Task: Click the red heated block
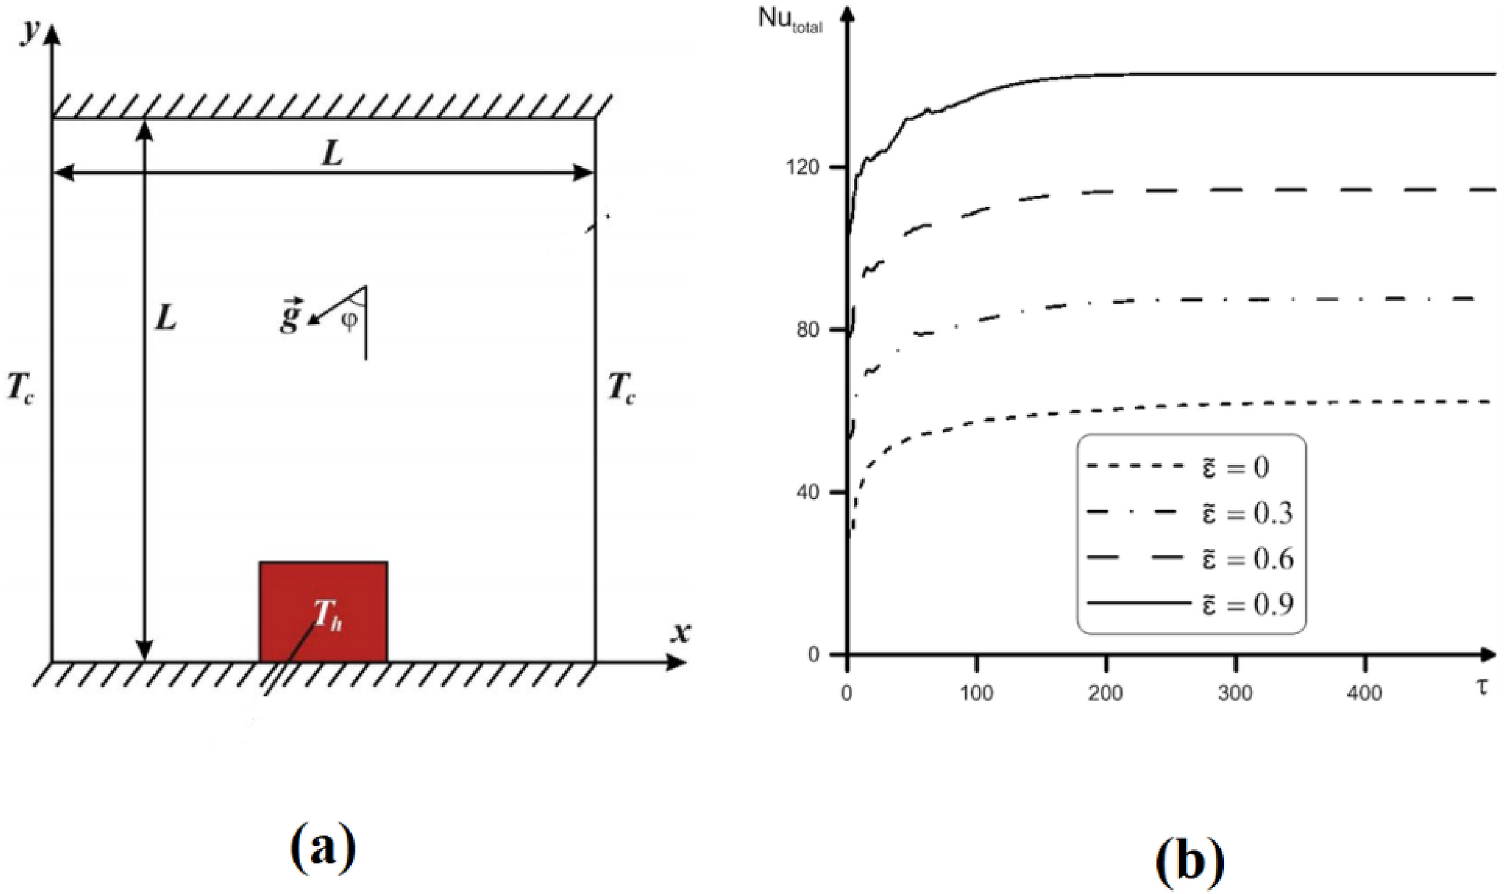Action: [323, 612]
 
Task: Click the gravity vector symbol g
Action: [291, 316]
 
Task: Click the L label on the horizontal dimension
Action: [332, 154]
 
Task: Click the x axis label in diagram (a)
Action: [680, 632]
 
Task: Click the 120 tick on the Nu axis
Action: [803, 167]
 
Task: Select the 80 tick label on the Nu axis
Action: [808, 330]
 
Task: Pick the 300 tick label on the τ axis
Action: [1235, 693]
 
